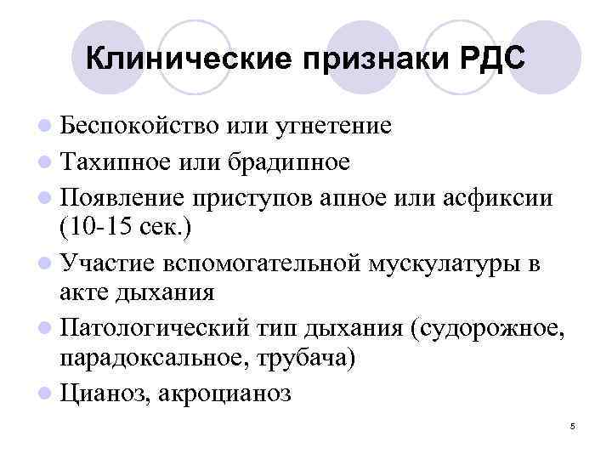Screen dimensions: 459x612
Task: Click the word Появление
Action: [x=124, y=197]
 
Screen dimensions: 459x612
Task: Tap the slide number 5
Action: [x=573, y=425]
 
